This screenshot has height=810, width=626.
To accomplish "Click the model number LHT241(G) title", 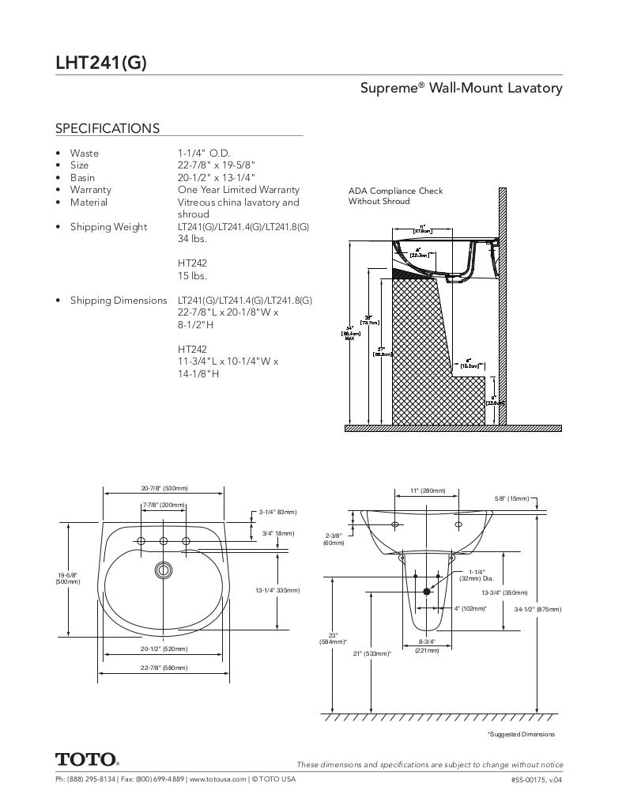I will point(101,62).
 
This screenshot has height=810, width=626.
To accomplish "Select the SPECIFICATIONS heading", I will point(107,128).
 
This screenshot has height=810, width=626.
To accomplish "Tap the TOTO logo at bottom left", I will point(87,759).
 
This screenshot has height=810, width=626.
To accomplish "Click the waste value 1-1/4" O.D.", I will point(204,153).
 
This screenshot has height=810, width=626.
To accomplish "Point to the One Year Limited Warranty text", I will point(239,190).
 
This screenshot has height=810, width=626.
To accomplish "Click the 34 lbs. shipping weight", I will point(192,239).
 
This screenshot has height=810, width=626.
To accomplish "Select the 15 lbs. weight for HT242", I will point(192,276).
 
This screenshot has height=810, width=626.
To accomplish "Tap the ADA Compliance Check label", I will point(395,191).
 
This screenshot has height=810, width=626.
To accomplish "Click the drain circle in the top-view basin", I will point(164,569).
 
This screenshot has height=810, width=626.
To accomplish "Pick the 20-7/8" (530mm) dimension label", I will point(164,488).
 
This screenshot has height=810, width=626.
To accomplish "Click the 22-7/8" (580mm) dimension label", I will point(164,668).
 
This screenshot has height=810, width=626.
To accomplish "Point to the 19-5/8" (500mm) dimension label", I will point(67,578).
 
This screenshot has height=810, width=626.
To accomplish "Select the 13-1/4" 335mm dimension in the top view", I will point(277,590).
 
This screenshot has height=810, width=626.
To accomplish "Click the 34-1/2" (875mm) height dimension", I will point(537,609).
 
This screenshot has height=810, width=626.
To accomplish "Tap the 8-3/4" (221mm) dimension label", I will point(427,645).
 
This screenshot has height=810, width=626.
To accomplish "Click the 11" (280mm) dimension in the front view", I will point(427,490).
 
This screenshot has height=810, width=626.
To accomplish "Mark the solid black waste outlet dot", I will point(427,591).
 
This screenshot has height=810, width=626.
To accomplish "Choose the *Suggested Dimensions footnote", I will point(521,734).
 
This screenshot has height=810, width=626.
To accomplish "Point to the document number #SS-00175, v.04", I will point(536,779).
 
